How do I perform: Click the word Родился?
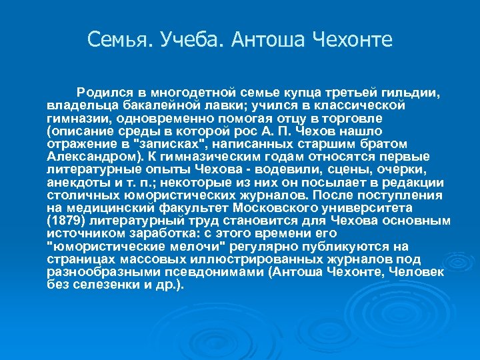[x=102, y=91]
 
